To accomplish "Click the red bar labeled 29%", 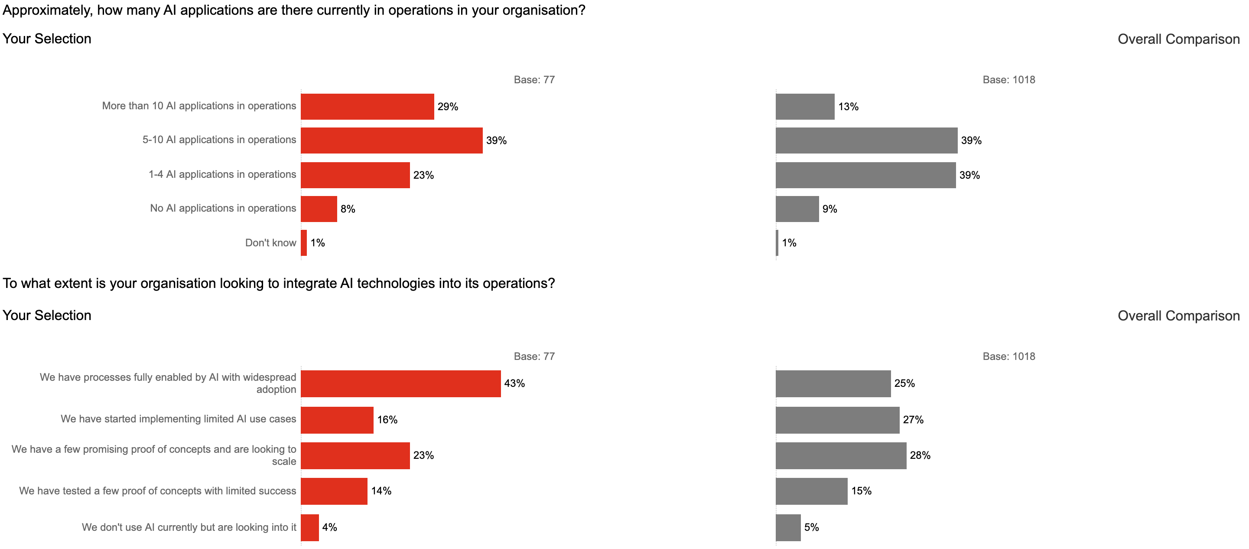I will click(367, 107).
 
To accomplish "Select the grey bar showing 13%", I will click(805, 107).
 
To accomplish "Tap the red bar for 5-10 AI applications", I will click(391, 141).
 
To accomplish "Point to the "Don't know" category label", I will click(270, 243).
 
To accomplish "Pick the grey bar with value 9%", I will click(797, 209).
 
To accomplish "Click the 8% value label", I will click(348, 209).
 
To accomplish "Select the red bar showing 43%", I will click(400, 384).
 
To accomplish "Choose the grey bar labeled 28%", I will click(841, 455).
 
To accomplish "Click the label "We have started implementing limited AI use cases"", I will click(178, 419).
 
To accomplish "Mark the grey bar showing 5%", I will click(788, 528).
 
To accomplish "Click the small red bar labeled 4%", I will click(310, 528).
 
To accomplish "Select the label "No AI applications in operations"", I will click(223, 209).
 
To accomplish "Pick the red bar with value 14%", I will click(334, 491).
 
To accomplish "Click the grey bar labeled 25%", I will click(833, 384).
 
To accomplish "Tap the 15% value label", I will click(861, 491).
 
